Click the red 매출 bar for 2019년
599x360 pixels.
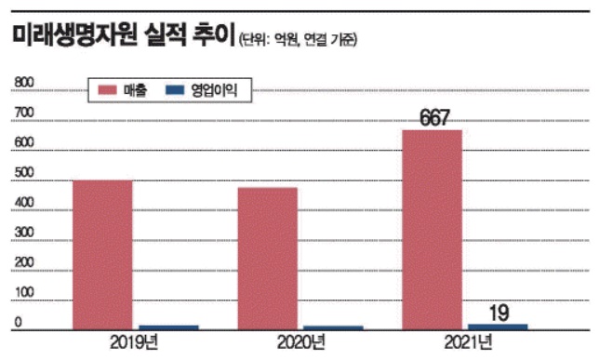click(103, 254)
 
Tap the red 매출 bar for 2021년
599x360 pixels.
click(432, 229)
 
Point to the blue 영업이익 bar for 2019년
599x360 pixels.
click(168, 327)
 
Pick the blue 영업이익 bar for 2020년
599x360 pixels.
click(333, 328)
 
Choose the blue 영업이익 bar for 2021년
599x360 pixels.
click(498, 327)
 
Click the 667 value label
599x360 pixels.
click(433, 117)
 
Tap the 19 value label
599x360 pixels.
click(499, 313)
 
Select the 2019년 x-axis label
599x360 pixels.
click(136, 345)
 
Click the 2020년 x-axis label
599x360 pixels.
click(300, 345)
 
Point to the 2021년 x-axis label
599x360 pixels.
click(465, 345)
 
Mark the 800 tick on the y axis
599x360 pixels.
click(24, 84)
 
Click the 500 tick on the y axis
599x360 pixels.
click(24, 173)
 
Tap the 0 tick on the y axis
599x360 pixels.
click(17, 323)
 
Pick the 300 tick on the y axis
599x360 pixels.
click(24, 233)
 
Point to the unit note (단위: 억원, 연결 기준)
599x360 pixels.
click(297, 40)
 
